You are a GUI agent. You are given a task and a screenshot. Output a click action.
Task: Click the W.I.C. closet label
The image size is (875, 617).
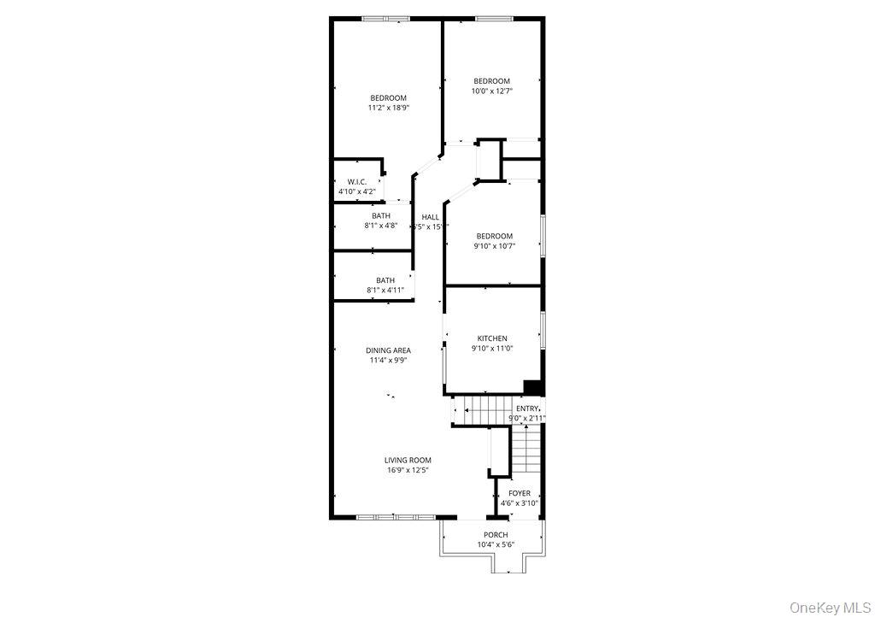[356, 181]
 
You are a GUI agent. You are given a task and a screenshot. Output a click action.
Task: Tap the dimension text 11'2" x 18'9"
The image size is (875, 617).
[388, 108]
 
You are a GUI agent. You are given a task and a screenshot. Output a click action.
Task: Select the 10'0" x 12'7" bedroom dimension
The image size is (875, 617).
[492, 91]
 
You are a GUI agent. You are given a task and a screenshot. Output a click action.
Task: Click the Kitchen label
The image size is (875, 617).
[492, 338]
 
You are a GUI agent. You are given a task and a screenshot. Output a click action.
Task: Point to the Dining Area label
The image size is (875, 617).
[388, 350]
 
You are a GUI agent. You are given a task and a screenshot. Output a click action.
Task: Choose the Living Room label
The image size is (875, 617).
[408, 460]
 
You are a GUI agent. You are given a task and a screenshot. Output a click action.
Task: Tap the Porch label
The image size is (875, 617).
[496, 535]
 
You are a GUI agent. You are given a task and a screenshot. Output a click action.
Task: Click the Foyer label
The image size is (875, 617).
[520, 493]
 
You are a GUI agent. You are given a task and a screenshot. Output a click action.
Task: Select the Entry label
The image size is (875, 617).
[527, 408]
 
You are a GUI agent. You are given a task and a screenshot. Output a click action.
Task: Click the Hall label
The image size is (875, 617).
[430, 217]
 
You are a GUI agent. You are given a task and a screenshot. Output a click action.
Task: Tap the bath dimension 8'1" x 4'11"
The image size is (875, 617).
[385, 291]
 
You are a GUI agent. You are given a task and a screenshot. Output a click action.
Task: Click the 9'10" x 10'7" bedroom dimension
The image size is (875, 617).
[494, 246]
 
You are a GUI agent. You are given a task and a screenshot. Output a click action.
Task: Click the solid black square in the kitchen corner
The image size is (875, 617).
[533, 387]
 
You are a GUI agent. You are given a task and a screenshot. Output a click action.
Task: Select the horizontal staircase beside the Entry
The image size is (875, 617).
[484, 410]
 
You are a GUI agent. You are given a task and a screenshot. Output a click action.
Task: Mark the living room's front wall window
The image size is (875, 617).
[395, 517]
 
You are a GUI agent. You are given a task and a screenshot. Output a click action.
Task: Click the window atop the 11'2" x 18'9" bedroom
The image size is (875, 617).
[385, 18]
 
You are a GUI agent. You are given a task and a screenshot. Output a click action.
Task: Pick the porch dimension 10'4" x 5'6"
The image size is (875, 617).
[496, 545]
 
